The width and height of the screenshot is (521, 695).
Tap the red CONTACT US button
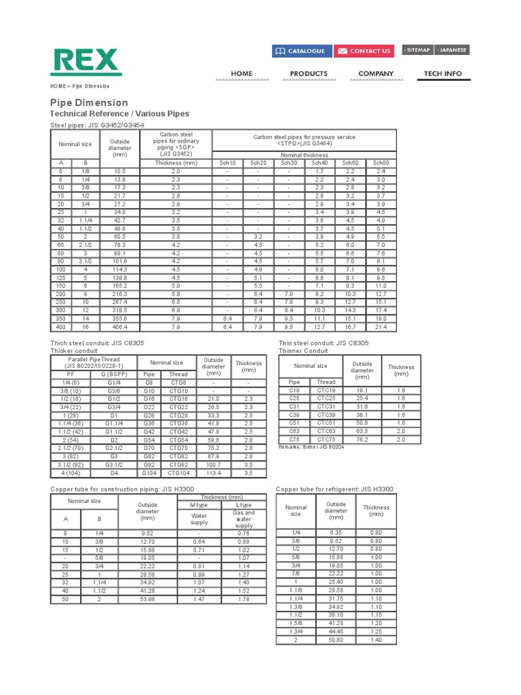click(364, 51)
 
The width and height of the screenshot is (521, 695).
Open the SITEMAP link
click(417, 50)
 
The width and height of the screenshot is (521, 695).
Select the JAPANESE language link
click(452, 50)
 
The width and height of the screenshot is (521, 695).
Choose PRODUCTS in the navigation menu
click(309, 73)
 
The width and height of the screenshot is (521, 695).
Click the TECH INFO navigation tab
click(443, 73)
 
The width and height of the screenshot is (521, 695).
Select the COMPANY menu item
click(376, 73)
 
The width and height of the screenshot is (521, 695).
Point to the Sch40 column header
click(319, 163)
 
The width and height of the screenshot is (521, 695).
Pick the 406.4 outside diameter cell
click(120, 327)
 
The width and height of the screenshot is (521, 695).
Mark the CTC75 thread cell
click(326, 439)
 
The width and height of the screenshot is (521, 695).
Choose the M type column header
click(199, 505)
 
